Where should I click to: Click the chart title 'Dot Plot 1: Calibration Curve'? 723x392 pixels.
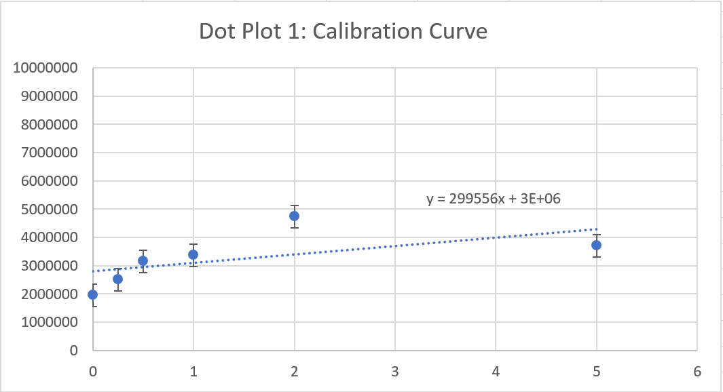pyautogui.click(x=343, y=31)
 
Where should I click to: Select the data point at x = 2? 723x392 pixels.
pyautogui.click(x=295, y=216)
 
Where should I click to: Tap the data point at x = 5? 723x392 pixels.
pyautogui.click(x=596, y=245)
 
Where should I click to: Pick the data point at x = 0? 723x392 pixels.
pyautogui.click(x=93, y=294)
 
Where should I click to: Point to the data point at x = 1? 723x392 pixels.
pyautogui.click(x=193, y=254)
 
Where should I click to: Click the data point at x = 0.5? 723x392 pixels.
pyautogui.click(x=143, y=260)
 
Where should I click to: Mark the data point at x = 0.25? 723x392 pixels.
pyautogui.click(x=118, y=279)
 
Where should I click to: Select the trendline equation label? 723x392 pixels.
pyautogui.click(x=494, y=199)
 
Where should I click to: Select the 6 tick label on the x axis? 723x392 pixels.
pyautogui.click(x=697, y=372)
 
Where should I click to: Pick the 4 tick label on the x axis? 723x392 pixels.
pyautogui.click(x=496, y=372)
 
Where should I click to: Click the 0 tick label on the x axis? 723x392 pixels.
pyautogui.click(x=93, y=372)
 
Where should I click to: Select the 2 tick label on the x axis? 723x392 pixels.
pyautogui.click(x=295, y=372)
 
